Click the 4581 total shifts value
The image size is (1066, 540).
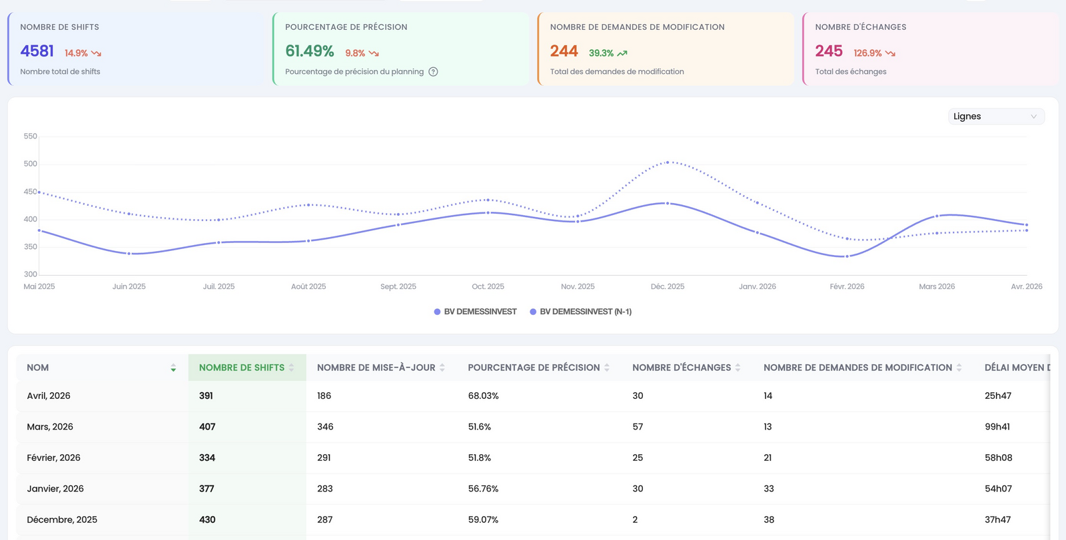[x=37, y=51]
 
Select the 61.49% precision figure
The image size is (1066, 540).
[x=309, y=51]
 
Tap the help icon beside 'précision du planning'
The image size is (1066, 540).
[x=433, y=72]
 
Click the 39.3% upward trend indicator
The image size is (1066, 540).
[x=608, y=53]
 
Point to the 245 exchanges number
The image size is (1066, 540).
[x=829, y=51]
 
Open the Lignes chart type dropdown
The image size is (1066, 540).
[x=996, y=117]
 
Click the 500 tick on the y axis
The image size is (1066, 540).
[x=30, y=164]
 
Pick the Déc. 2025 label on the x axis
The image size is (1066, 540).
[x=667, y=286]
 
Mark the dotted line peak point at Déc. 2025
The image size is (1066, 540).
[x=668, y=162]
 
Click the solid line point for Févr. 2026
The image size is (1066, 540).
[x=847, y=256]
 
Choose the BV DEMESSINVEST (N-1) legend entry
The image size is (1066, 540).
[x=580, y=312]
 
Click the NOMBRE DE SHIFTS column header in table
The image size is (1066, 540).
[x=242, y=368]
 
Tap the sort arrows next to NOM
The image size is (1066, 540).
[x=173, y=368]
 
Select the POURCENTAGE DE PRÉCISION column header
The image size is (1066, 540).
[x=534, y=368]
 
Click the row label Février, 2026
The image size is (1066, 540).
[x=53, y=457]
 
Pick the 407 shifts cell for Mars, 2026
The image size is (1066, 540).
[x=207, y=427]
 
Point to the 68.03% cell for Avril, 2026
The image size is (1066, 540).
[x=483, y=396]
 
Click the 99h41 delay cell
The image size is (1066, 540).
[x=997, y=427]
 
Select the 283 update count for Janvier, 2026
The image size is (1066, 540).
[x=324, y=489]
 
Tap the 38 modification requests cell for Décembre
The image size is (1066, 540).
[x=769, y=519]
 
